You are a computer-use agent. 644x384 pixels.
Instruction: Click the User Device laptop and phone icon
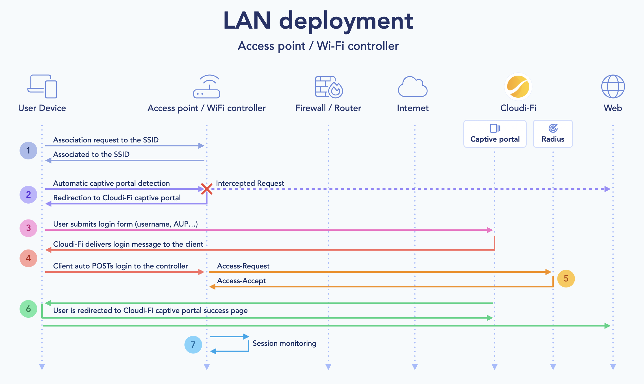click(42, 86)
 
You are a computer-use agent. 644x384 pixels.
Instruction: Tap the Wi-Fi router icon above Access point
click(206, 86)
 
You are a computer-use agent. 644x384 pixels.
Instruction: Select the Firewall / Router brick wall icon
click(329, 87)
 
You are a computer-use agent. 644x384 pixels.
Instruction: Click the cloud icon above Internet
click(412, 87)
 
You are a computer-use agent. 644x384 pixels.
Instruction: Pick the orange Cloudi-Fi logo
click(518, 87)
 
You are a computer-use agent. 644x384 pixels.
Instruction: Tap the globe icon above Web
click(613, 86)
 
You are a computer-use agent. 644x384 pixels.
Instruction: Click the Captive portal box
click(495, 134)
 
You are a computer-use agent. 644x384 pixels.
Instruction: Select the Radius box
click(553, 134)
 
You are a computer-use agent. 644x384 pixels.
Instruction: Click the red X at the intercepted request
click(207, 189)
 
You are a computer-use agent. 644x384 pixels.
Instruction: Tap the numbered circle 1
click(28, 150)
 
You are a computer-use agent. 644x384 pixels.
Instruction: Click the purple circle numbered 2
click(28, 195)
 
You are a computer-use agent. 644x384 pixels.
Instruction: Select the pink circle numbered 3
click(28, 228)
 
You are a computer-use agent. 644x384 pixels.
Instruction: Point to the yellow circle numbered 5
click(566, 278)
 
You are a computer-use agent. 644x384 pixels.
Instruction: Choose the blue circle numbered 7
click(193, 345)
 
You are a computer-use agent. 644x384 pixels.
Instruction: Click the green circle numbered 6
click(28, 309)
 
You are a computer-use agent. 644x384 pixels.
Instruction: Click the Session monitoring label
click(284, 344)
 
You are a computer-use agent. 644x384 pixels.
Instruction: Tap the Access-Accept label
click(241, 281)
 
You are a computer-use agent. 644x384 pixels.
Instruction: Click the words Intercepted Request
click(250, 183)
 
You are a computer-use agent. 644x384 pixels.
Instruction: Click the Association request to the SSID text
click(106, 140)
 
